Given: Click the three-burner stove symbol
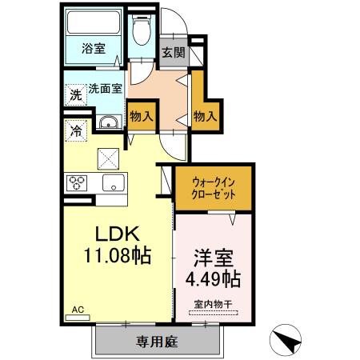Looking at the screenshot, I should click(78, 181).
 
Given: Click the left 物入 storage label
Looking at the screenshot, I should click(141, 116).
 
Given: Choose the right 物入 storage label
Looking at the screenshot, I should click(205, 116).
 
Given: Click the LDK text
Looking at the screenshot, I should click(118, 234).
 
